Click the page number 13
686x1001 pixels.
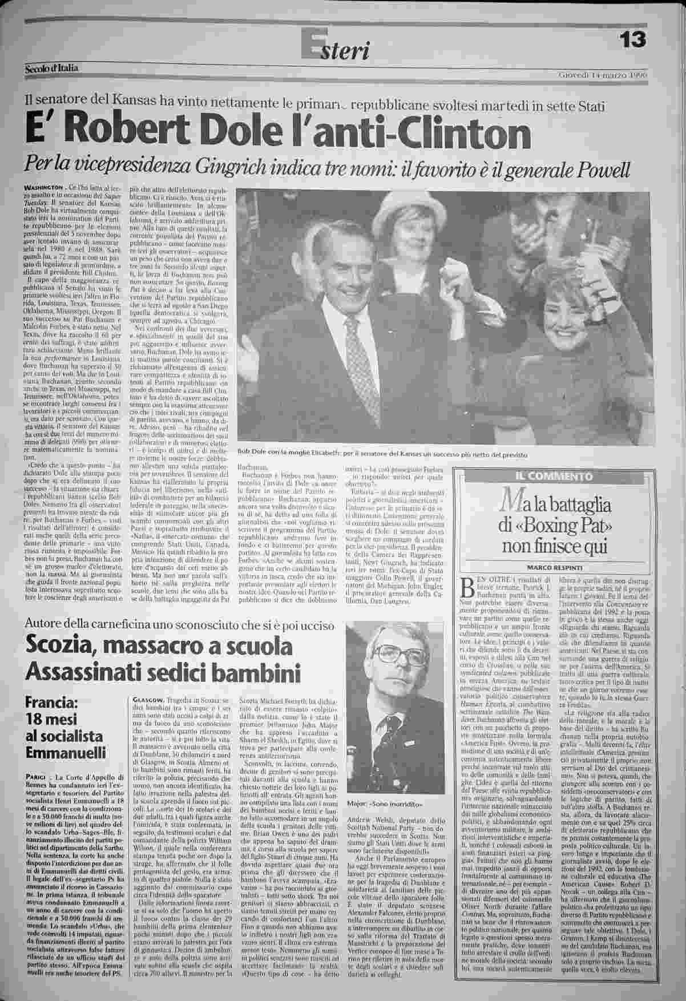coord(632,39)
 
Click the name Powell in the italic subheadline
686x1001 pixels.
coord(599,169)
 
